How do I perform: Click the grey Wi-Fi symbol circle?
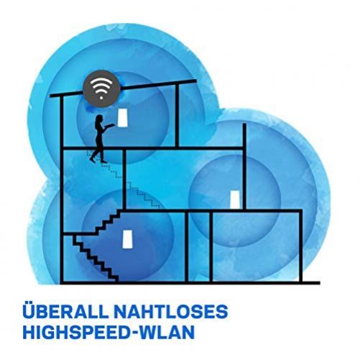click(x=101, y=88)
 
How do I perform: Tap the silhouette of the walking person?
click(x=99, y=139)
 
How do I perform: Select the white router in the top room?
click(x=123, y=118)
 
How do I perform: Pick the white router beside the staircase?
click(x=127, y=239)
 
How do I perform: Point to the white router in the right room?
click(x=235, y=200)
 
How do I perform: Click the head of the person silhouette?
click(x=99, y=119)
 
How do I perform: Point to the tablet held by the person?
click(x=111, y=125)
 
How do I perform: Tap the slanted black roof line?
click(x=123, y=88)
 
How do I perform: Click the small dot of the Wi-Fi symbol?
click(x=101, y=98)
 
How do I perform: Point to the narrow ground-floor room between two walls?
click(x=199, y=246)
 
